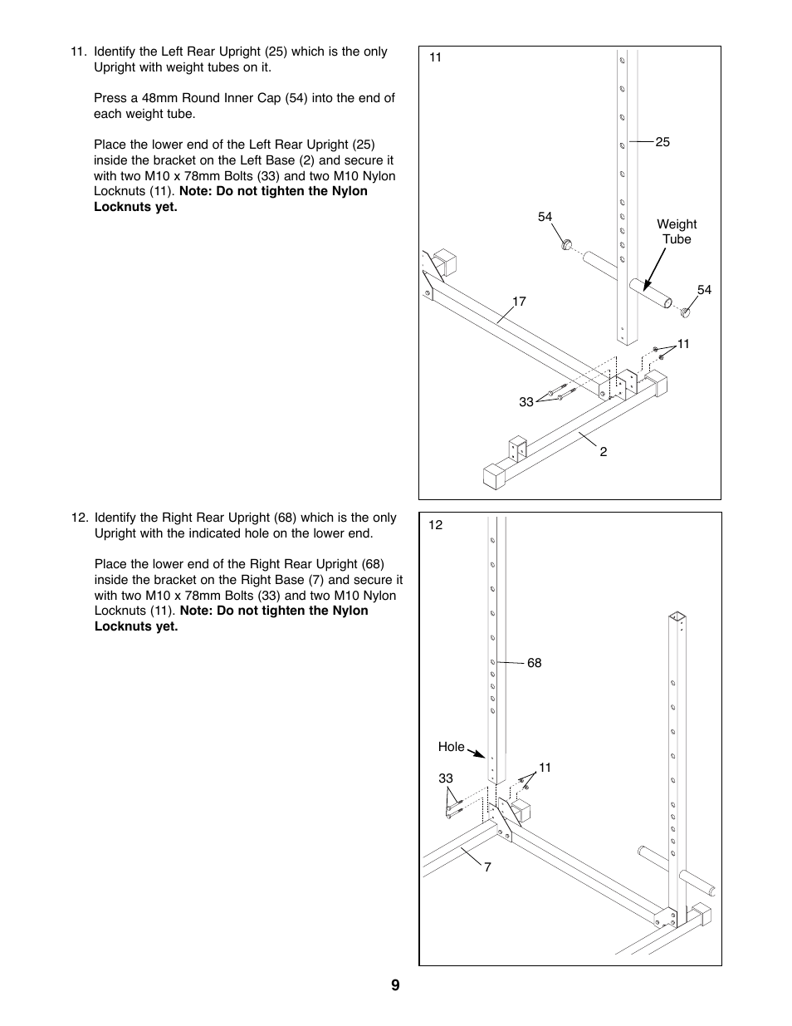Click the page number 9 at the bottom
[x=395, y=985]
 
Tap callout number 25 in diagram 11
[x=662, y=142]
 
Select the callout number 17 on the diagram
[x=519, y=302]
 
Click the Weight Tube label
[x=677, y=232]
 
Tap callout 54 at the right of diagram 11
[x=704, y=290]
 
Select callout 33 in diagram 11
[x=526, y=402]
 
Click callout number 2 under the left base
[x=604, y=452]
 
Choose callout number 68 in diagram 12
[x=534, y=663]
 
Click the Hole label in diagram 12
[x=451, y=747]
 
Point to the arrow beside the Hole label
[x=477, y=754]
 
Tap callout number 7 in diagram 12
[x=487, y=867]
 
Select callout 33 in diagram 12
[x=446, y=778]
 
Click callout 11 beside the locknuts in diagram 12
[x=545, y=768]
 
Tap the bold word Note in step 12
[x=196, y=611]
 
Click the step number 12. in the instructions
[x=79, y=518]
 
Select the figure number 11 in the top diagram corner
[x=436, y=58]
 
